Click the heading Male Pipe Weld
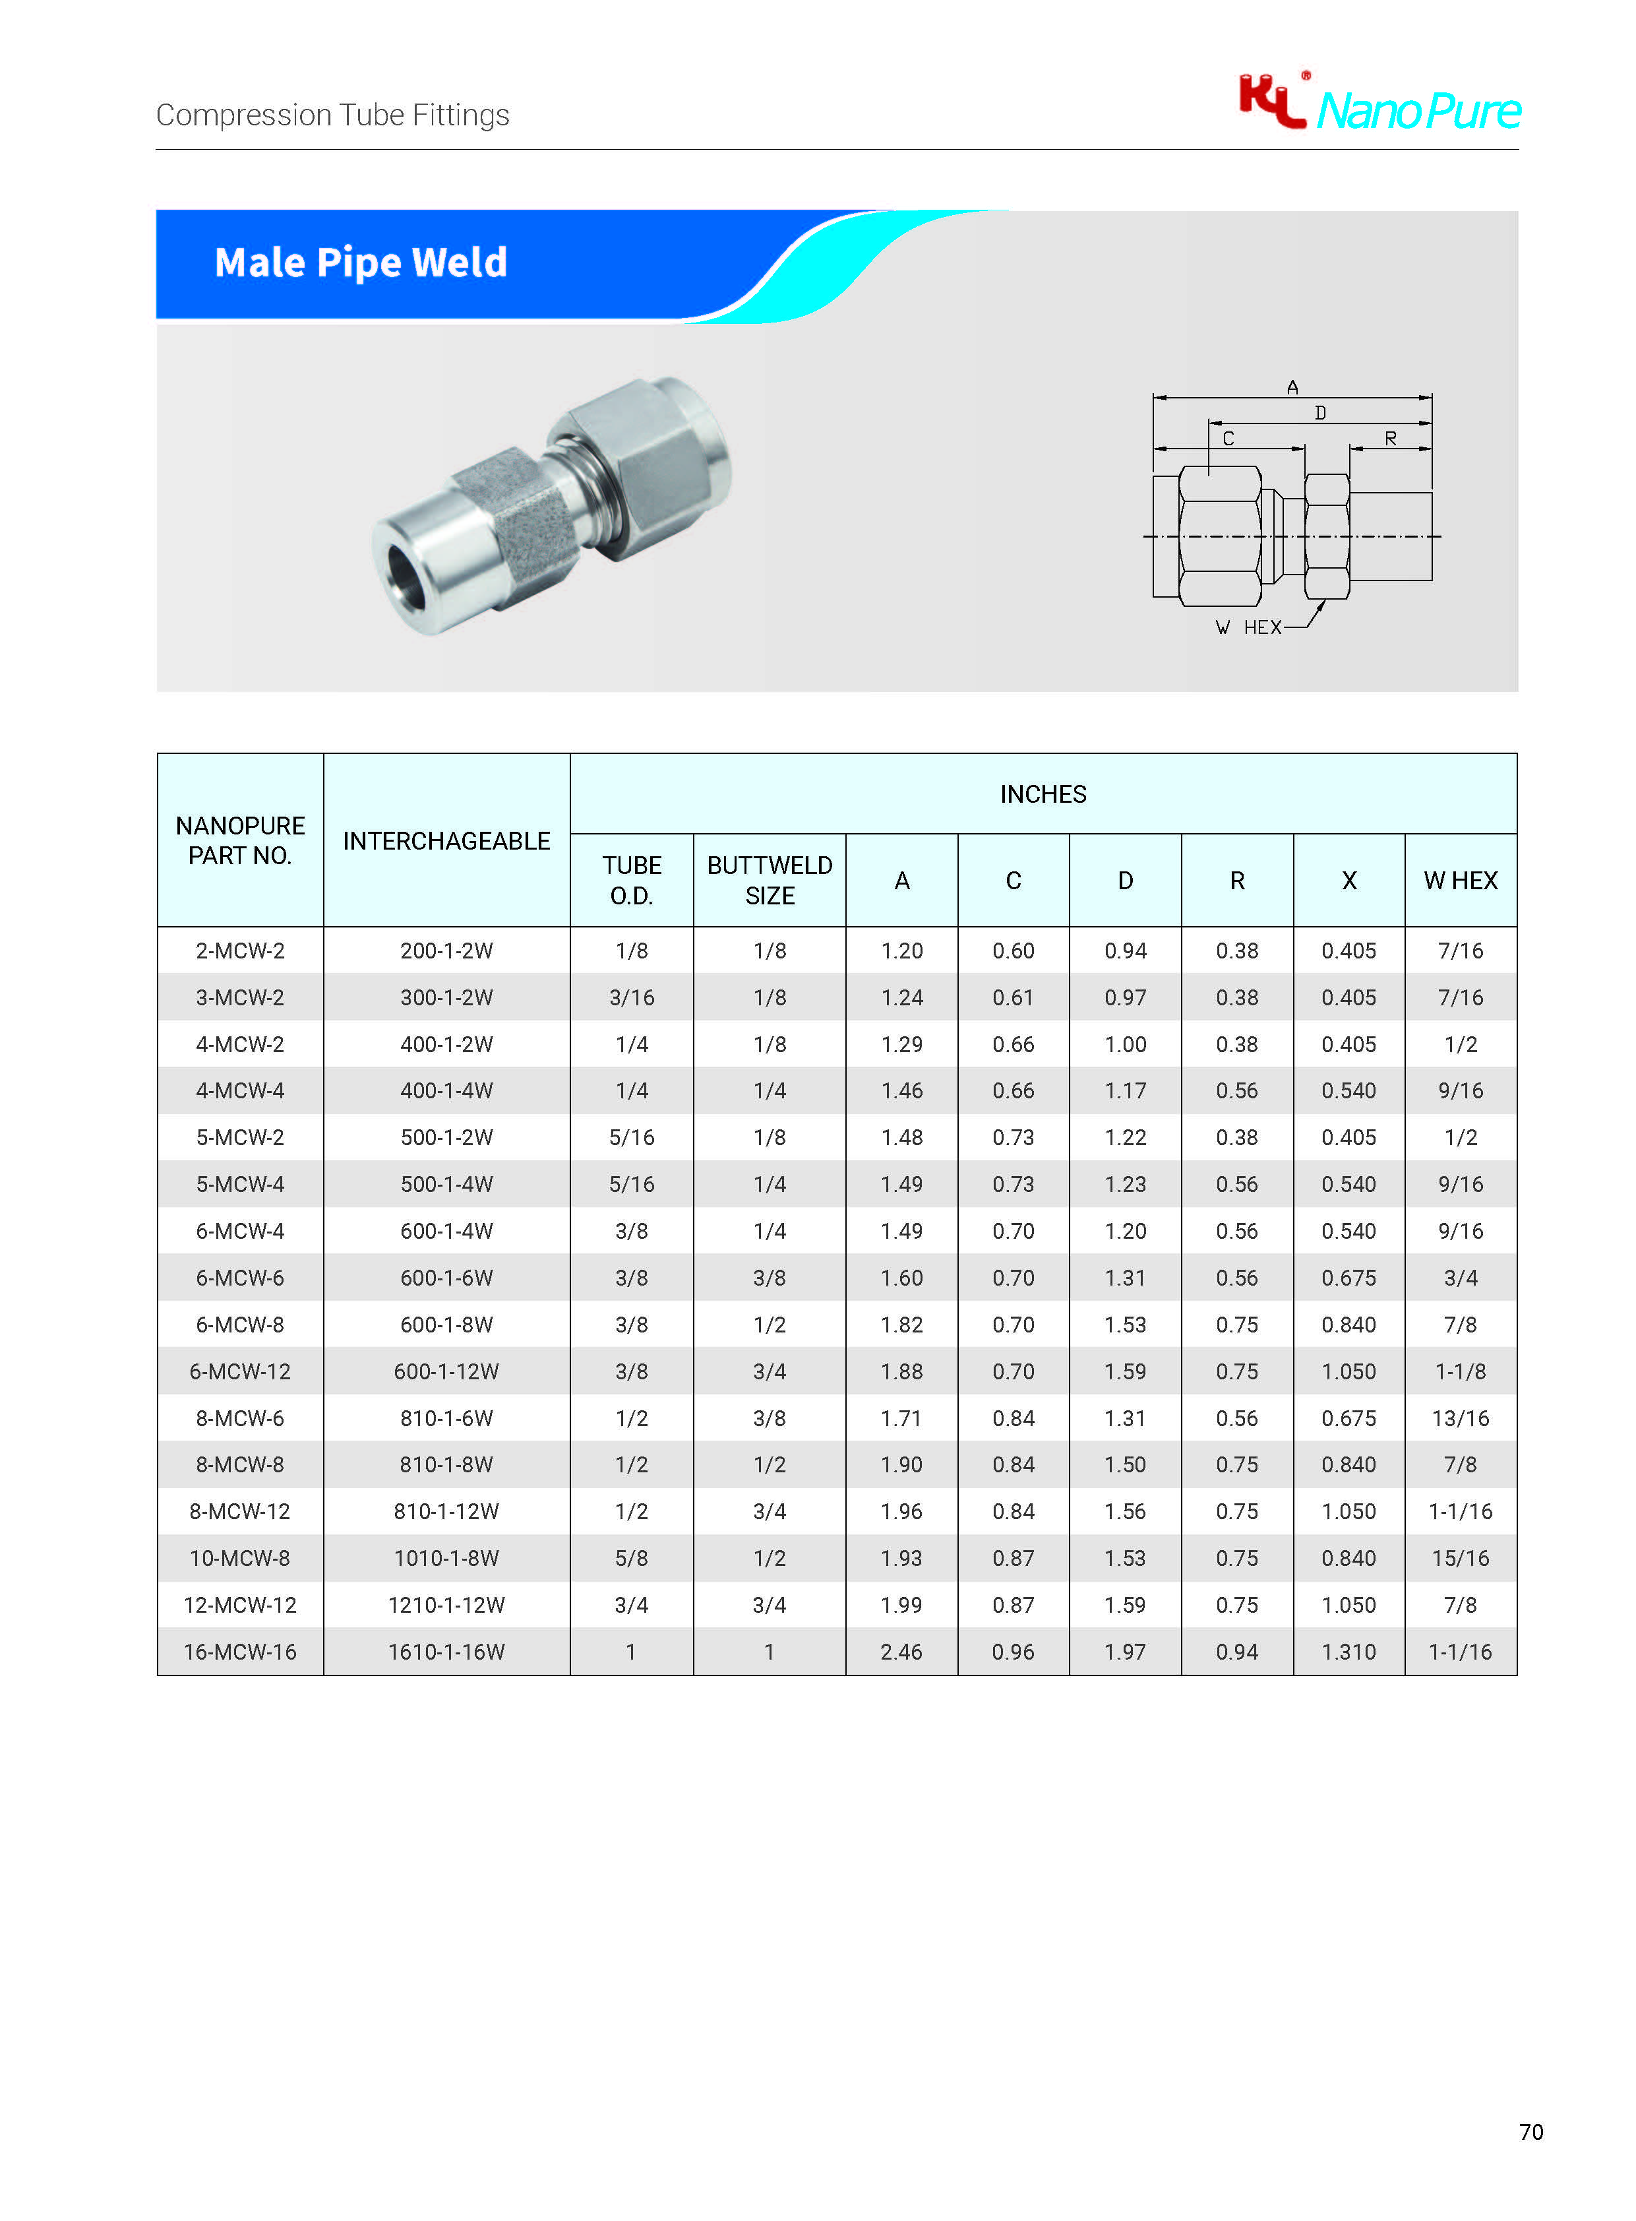361,263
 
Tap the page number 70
1531,2132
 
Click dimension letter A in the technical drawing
1292,387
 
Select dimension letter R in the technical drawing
1391,438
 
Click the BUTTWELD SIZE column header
770,880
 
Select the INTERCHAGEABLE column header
446,841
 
